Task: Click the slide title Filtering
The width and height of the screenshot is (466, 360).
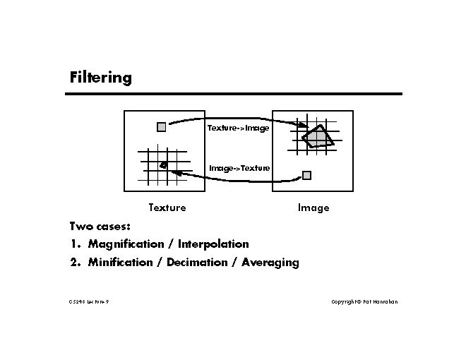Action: point(101,77)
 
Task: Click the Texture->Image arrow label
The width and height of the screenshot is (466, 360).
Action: point(238,128)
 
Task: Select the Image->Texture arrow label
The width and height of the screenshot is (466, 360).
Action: point(239,168)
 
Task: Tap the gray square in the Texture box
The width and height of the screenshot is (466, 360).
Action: point(162,127)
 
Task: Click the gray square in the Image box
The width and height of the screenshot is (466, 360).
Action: point(306,174)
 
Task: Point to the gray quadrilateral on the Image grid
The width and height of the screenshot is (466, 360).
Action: point(318,137)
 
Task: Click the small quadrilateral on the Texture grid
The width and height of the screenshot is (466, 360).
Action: point(163,166)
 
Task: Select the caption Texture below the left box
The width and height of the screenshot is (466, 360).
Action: point(167,208)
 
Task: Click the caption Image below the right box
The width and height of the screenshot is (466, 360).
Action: point(313,208)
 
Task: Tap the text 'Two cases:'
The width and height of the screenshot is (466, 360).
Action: point(100,227)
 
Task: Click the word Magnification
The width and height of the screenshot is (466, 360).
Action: point(126,244)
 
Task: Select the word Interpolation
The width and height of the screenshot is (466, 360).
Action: point(213,244)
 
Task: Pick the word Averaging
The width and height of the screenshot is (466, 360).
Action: point(270,263)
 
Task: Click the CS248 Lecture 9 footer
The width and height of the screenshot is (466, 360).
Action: point(89,301)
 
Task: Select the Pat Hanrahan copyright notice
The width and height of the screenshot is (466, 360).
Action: point(364,301)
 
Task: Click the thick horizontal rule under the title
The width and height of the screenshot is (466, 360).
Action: point(235,94)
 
